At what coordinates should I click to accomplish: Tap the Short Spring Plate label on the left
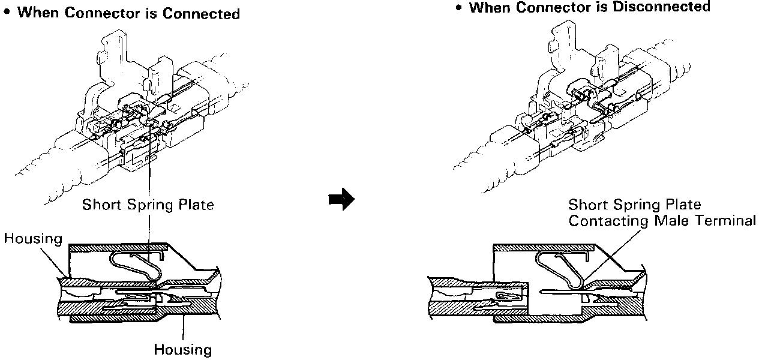tap(148, 205)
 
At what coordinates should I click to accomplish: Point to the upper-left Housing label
tap(33, 239)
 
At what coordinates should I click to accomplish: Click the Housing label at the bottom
tap(183, 349)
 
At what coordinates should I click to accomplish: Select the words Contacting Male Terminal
tap(662, 221)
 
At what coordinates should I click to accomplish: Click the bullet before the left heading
tap(7, 13)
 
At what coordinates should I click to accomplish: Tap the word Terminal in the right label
tap(727, 221)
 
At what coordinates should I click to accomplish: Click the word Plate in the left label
tap(196, 205)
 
